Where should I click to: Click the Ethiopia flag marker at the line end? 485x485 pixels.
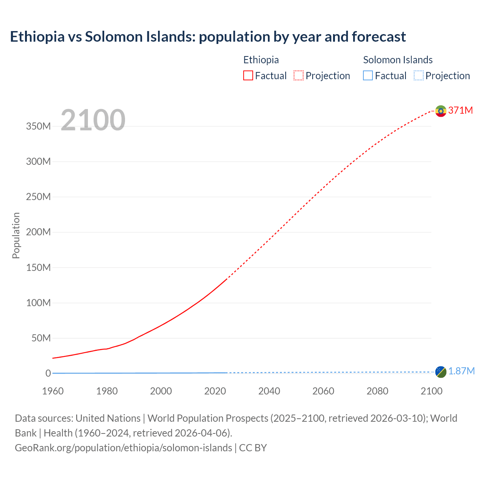440,111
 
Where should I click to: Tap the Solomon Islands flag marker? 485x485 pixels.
440,372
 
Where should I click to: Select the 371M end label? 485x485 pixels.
460,110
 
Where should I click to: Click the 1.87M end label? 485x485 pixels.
461,371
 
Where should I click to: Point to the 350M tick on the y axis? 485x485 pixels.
38,126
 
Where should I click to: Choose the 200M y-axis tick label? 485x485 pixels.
38,232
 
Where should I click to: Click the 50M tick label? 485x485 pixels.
41,338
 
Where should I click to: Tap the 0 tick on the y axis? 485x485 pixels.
48,374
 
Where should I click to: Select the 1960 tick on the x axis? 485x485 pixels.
53,391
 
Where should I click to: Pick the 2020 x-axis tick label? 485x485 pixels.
215,391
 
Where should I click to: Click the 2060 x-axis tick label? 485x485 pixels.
323,391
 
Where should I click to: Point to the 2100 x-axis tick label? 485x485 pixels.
431,391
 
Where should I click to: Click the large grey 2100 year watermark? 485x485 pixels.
93,120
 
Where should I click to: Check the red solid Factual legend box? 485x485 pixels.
248,76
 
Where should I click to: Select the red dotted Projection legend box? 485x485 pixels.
299,76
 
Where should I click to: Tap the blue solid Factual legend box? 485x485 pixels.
368,76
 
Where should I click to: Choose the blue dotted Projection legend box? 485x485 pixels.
419,76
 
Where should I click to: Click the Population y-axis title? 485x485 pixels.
16,235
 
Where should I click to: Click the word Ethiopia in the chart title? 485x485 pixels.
37,37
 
